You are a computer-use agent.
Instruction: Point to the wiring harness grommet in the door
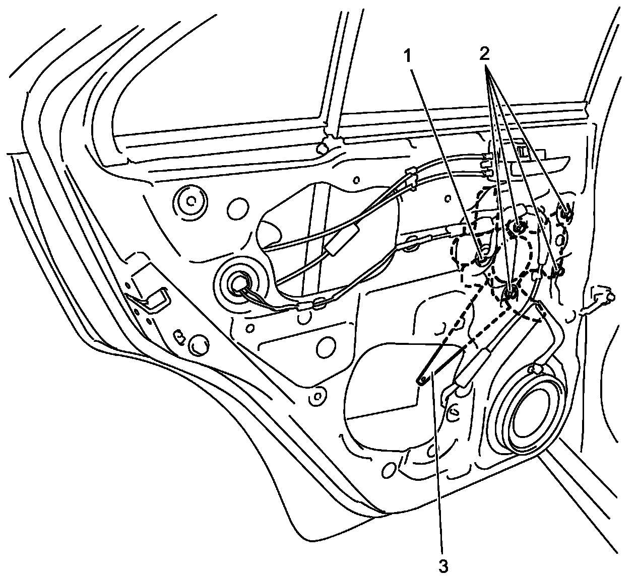coord(238,284)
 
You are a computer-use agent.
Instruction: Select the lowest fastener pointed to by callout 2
coord(511,292)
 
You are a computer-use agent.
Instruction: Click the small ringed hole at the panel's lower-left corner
coord(317,395)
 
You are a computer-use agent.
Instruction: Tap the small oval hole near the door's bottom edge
coord(388,471)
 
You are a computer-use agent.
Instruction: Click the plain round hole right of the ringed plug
coord(238,208)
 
